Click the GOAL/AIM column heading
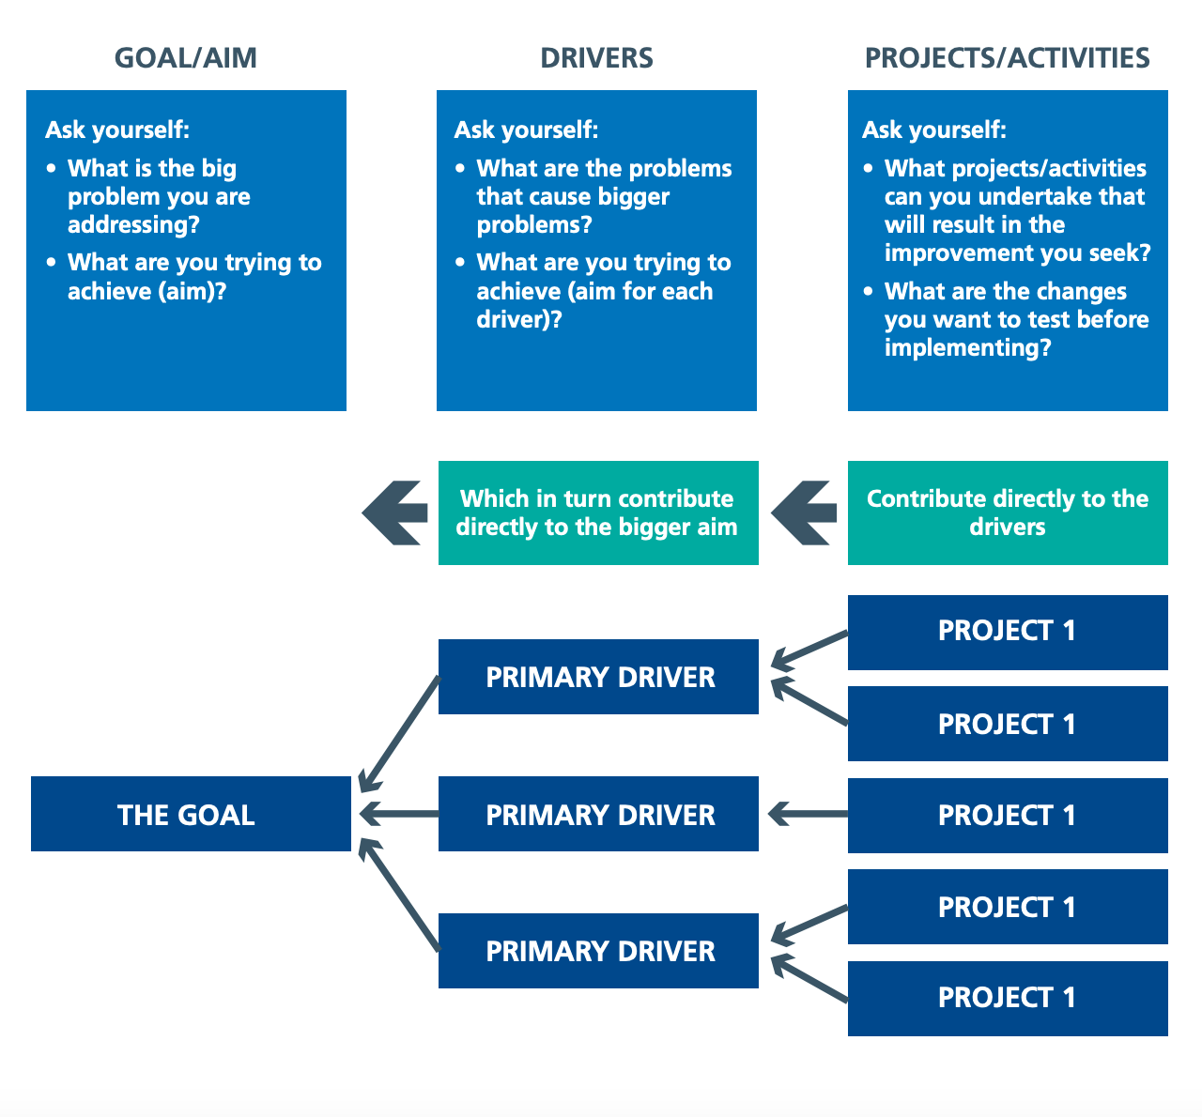(x=185, y=58)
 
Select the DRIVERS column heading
(x=596, y=58)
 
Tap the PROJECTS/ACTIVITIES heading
(x=1007, y=58)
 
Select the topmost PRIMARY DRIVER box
(x=598, y=677)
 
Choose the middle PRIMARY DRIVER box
(x=598, y=814)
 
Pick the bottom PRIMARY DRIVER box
(x=598, y=951)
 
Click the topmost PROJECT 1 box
(x=1008, y=632)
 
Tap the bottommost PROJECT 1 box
(x=1008, y=998)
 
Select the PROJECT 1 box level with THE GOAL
(x=1008, y=815)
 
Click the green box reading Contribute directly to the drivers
(x=1008, y=513)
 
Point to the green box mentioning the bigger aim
(x=598, y=513)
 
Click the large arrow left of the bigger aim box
(x=394, y=513)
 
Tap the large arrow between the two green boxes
(x=803, y=513)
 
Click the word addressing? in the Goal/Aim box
(x=133, y=225)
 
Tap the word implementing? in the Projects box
(x=967, y=348)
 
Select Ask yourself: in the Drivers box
(x=526, y=130)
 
